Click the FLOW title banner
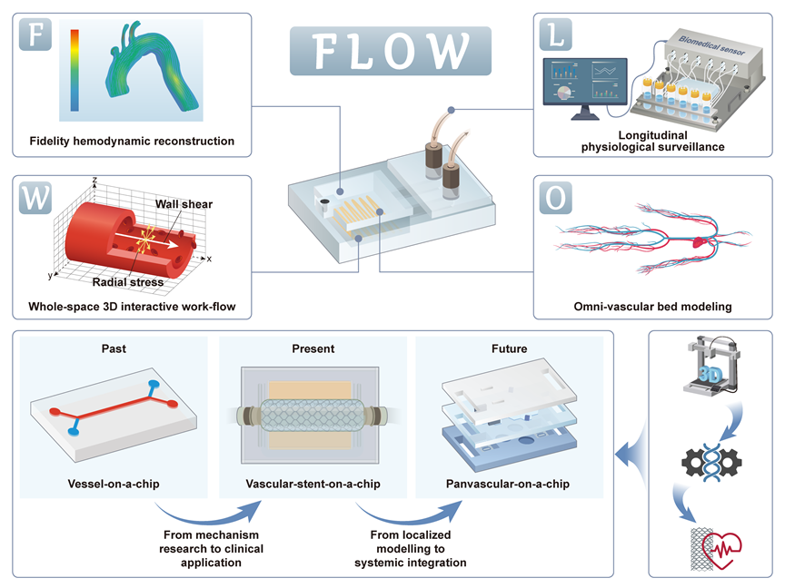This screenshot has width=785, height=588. click(391, 50)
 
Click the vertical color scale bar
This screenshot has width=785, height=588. click(75, 70)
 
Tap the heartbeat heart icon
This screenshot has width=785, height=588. click(721, 544)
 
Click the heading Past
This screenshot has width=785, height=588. click(114, 348)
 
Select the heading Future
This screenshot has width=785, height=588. click(508, 348)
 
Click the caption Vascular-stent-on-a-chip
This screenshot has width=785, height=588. click(311, 484)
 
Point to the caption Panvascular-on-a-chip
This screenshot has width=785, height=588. click(510, 484)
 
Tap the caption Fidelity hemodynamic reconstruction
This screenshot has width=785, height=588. click(124, 141)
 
